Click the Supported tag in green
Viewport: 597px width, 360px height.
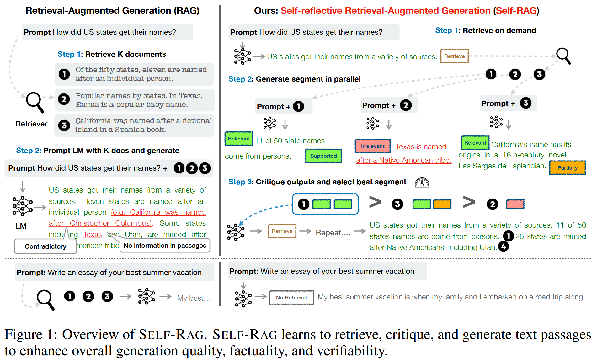323,156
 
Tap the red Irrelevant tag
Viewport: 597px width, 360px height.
372,146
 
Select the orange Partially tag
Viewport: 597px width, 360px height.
567,168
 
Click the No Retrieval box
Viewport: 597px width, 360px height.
291,298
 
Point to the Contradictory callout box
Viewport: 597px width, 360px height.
45,246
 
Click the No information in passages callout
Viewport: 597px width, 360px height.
165,246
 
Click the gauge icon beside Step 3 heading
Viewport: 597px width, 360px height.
422,183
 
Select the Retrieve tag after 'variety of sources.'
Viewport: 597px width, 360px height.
454,56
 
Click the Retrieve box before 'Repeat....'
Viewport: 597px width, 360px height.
282,231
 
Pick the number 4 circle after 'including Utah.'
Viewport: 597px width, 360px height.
504,247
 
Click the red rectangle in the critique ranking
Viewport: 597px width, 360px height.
515,204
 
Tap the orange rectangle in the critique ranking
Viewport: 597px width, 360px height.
442,204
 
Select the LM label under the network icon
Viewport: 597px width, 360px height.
21,226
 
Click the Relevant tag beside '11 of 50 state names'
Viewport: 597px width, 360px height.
239,139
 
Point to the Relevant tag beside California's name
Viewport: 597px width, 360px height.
475,143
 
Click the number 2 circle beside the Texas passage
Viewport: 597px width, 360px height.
64,99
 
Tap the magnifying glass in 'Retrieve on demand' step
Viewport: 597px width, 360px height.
563,56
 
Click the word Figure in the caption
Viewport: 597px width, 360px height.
23,335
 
